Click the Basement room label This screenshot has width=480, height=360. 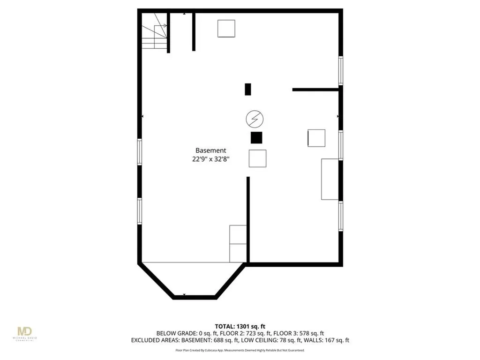point(210,150)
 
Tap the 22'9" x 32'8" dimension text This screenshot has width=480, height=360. point(210,159)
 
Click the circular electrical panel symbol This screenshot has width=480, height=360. point(255,119)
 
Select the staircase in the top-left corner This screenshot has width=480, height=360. point(155,31)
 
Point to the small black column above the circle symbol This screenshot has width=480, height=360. point(248,89)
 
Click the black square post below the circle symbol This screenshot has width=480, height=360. point(256,138)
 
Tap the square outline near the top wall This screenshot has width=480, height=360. point(226,29)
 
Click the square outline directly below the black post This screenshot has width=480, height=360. point(257,158)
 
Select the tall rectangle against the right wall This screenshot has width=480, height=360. point(330,179)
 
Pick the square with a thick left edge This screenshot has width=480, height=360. point(316,138)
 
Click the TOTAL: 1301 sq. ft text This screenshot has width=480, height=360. point(240,326)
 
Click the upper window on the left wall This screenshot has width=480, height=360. point(139,151)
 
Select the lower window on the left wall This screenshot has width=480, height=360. point(139,211)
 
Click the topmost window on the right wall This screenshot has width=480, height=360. point(341,70)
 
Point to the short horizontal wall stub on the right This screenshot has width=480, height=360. point(315,89)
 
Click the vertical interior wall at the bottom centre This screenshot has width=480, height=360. point(248,219)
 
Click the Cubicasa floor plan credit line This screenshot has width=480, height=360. point(240,350)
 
